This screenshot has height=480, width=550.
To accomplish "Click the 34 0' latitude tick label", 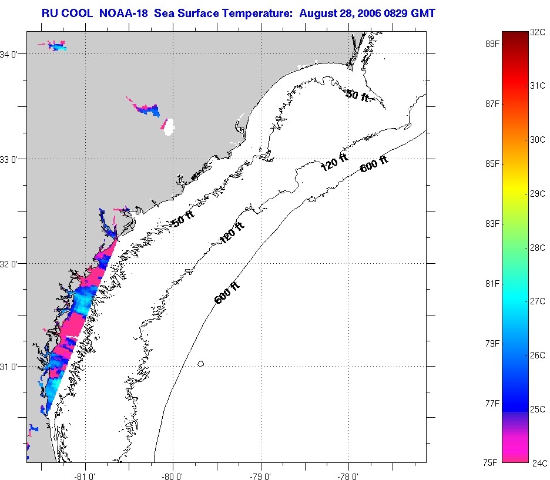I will coord(13,55).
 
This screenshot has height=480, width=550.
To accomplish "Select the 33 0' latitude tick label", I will coord(13,159).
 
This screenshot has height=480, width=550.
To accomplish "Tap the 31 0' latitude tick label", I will coord(13,367).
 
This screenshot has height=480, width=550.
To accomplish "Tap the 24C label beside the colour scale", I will coord(539,463).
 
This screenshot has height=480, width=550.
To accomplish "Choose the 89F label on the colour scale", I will coord(492,43).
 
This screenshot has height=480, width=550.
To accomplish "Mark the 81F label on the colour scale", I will coord(492,283).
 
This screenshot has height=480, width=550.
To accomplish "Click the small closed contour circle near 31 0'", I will coord(201,364).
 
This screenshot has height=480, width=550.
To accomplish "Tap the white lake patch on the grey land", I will coord(169,127).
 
